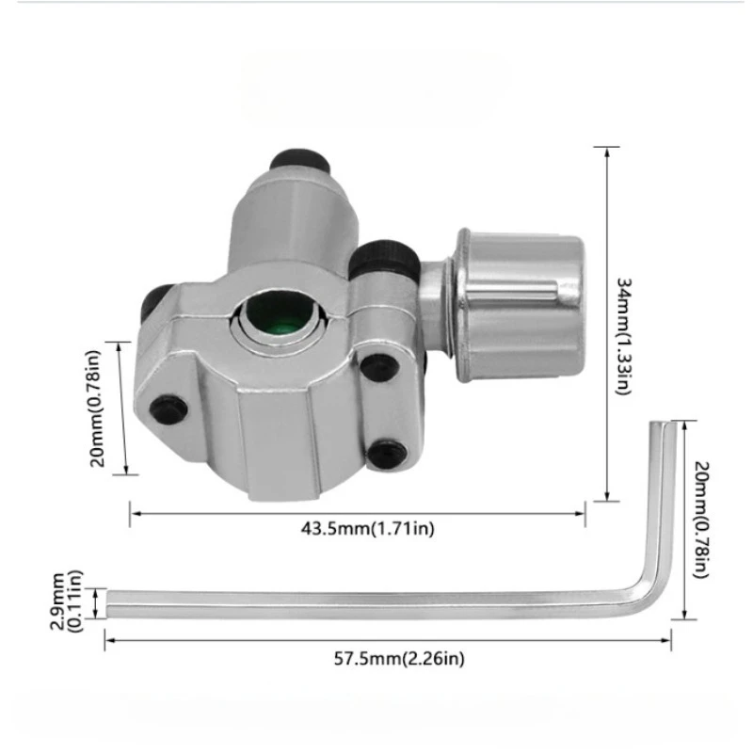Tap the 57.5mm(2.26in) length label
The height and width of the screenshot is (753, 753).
pos(387,658)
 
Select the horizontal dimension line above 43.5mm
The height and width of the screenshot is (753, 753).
pos(357,513)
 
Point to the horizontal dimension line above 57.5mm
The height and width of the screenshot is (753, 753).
pos(387,641)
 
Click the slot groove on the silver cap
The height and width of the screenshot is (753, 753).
pos(522,296)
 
